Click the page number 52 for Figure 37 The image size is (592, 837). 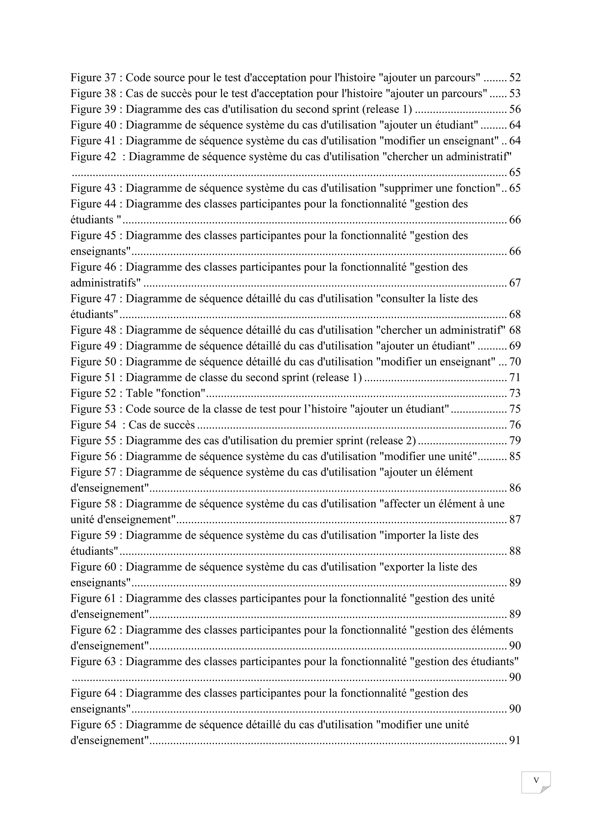pyautogui.click(x=515, y=78)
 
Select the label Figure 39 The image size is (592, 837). pyautogui.click(x=93, y=109)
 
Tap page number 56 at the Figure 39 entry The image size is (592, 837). pyautogui.click(x=515, y=109)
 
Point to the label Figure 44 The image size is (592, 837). pyautogui.click(x=93, y=204)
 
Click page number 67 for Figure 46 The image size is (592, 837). pyautogui.click(x=515, y=283)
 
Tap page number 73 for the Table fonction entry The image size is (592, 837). pyautogui.click(x=515, y=393)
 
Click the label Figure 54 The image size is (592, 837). pyautogui.click(x=93, y=425)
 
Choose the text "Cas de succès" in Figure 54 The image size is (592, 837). pyautogui.click(x=162, y=425)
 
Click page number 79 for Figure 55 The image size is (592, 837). pyautogui.click(x=515, y=441)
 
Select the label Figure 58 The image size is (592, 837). pyautogui.click(x=93, y=504)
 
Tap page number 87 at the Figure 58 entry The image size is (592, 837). pyautogui.click(x=515, y=519)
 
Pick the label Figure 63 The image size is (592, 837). pyautogui.click(x=93, y=662)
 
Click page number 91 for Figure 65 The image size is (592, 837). pyautogui.click(x=515, y=740)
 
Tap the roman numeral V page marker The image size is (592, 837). pyautogui.click(x=536, y=780)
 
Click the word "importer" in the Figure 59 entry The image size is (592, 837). pyautogui.click(x=405, y=536)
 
